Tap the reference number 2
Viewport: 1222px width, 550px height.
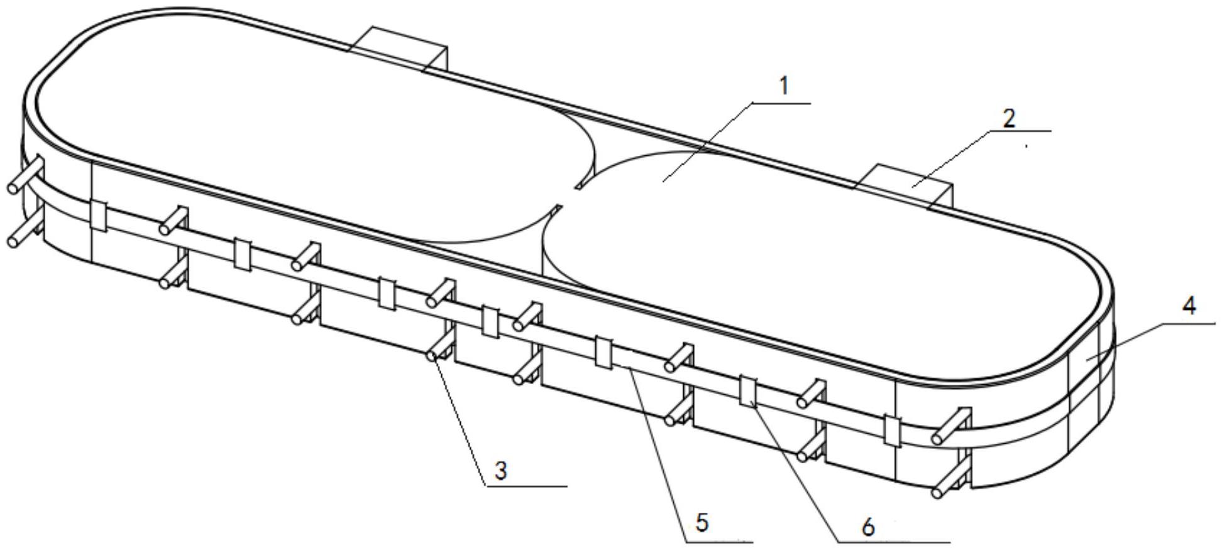coord(1008,118)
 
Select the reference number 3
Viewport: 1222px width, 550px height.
coord(500,471)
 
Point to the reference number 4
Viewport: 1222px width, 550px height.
coord(1188,306)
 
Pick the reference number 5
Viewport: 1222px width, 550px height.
coord(702,522)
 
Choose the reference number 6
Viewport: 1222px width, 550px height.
coord(868,527)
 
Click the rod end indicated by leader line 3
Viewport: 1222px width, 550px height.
coord(432,356)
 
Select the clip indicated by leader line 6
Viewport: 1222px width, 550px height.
coord(748,391)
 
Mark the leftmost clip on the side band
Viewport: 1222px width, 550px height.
coord(99,216)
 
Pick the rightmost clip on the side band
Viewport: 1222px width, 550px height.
coord(892,430)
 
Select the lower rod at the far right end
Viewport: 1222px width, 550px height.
coord(949,485)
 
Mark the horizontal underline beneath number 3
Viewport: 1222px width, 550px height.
coord(527,486)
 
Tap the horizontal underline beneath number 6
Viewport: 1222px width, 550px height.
coord(893,541)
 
